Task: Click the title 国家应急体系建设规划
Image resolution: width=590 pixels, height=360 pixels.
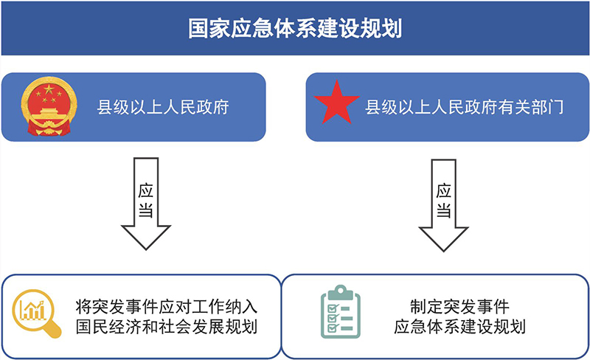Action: tap(294, 29)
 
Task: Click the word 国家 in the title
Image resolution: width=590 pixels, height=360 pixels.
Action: tap(201, 29)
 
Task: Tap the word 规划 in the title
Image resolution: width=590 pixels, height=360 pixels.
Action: tap(388, 29)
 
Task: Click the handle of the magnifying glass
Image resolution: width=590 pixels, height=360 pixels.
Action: tap(52, 330)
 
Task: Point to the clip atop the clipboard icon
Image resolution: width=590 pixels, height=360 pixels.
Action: tap(339, 291)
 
